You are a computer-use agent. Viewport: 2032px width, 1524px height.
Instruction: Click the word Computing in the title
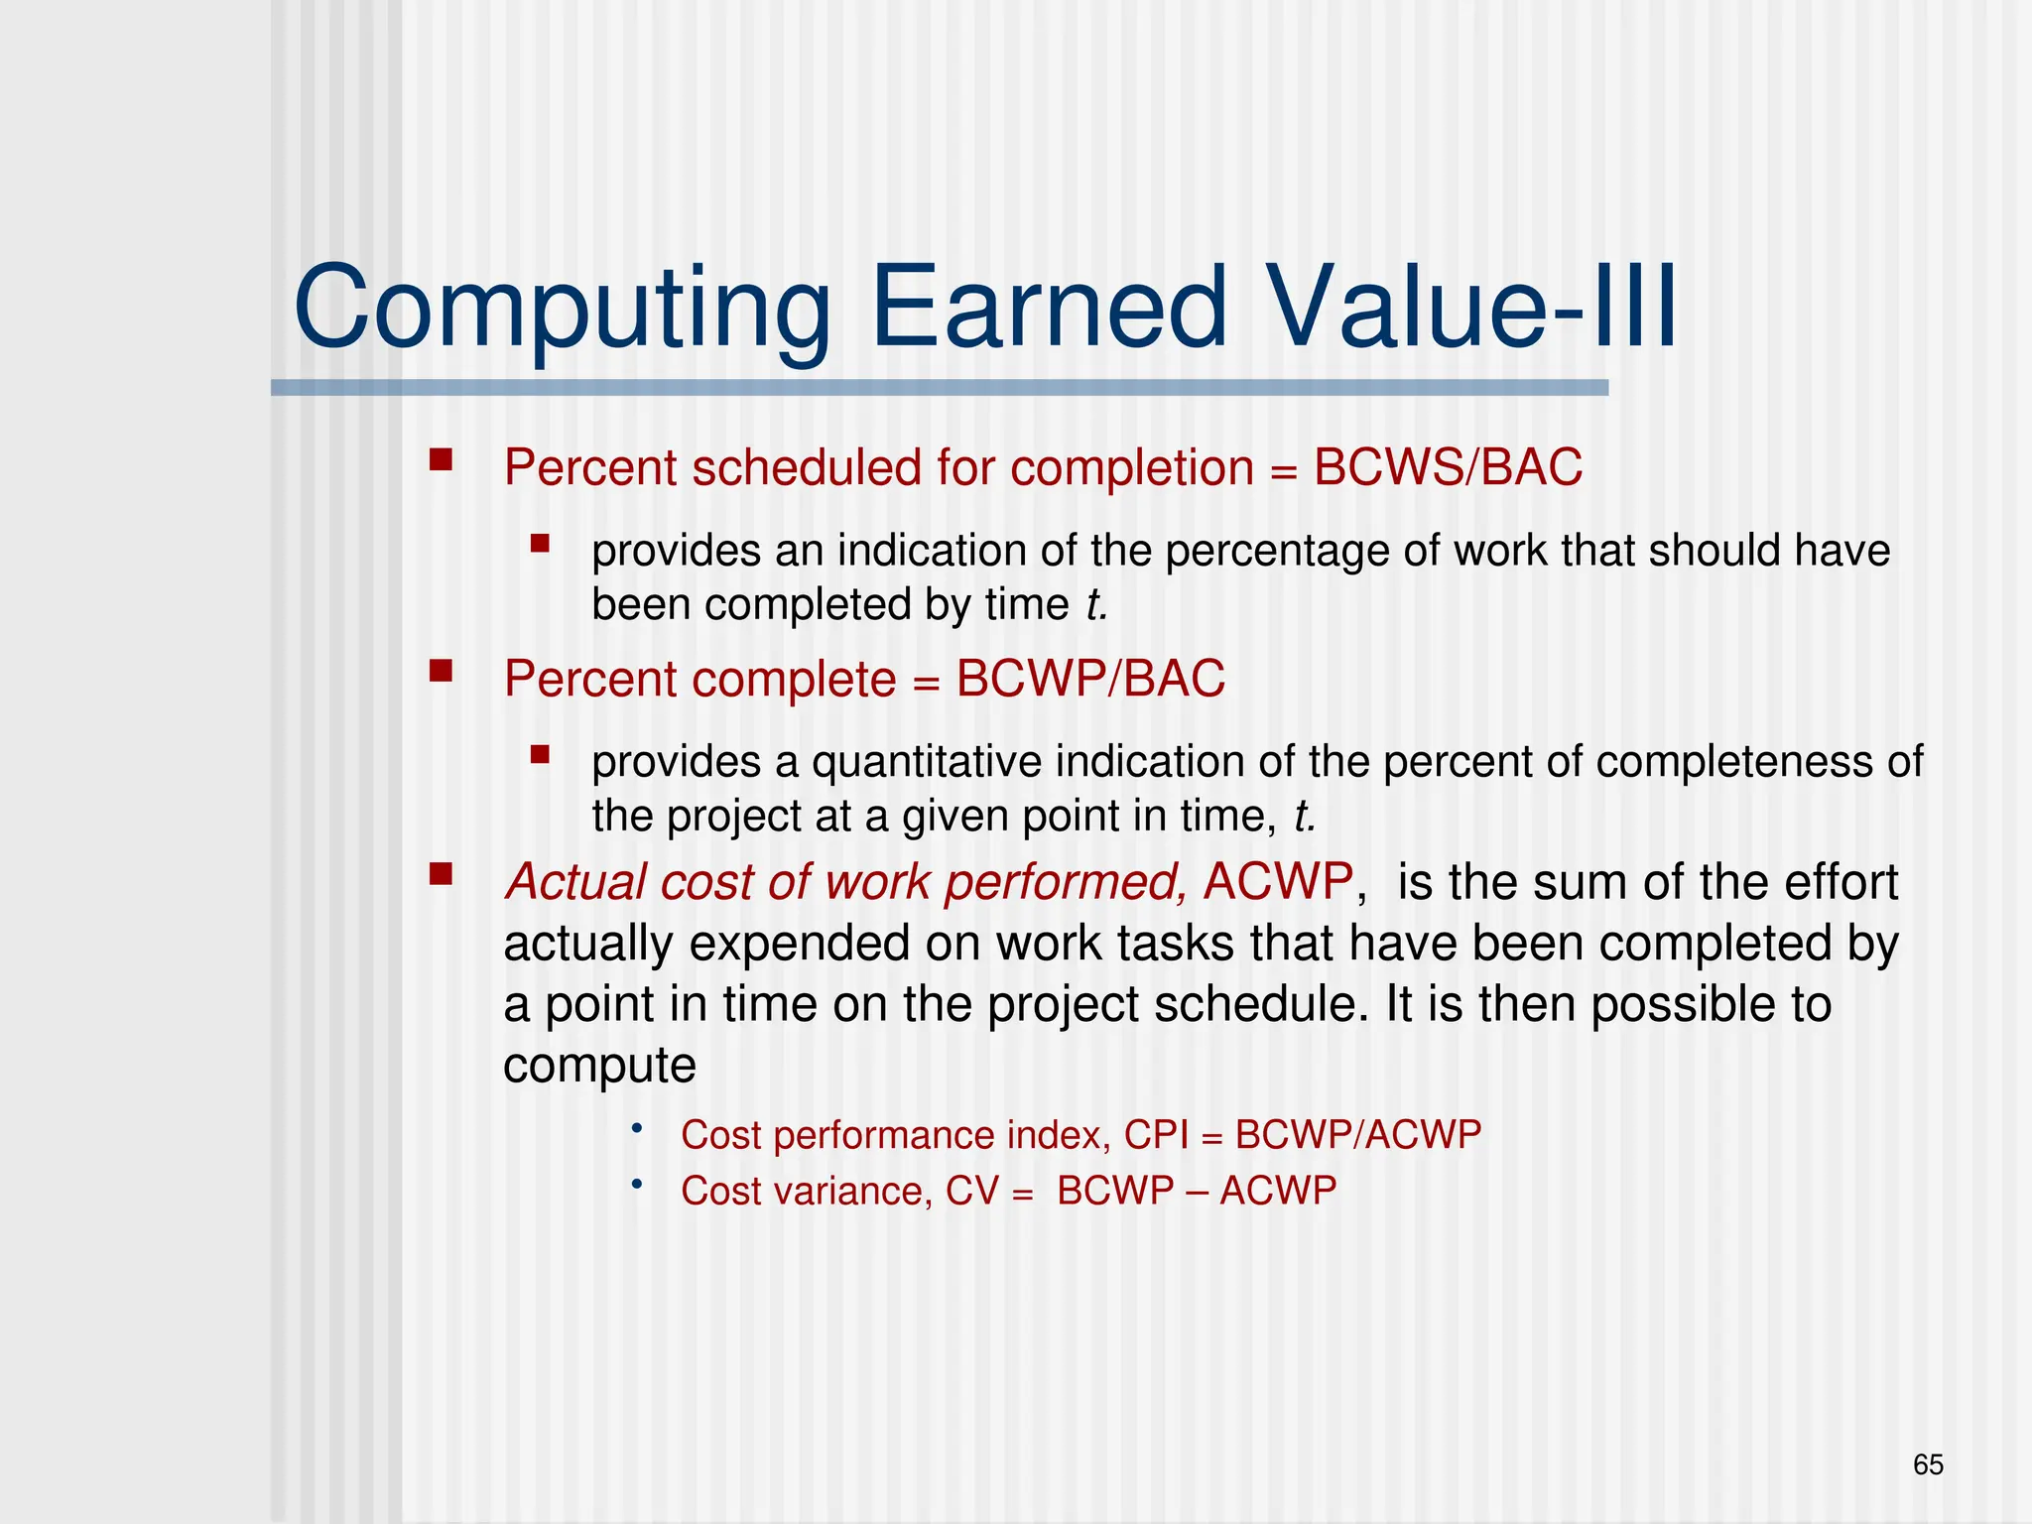562,310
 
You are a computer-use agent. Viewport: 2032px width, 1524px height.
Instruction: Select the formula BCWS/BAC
1448,467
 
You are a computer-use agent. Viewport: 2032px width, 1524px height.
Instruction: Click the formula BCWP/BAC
1090,680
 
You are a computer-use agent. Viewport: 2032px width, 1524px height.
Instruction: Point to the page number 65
1928,1464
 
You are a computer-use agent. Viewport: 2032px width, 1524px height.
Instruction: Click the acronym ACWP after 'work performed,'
1278,881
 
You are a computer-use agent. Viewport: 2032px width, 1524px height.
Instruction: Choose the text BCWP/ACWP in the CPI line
1357,1134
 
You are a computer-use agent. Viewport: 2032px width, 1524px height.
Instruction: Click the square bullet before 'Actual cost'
441,874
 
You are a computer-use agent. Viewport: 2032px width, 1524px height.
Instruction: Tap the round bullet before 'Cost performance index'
637,1129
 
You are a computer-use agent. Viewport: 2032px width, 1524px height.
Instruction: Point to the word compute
599,1067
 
